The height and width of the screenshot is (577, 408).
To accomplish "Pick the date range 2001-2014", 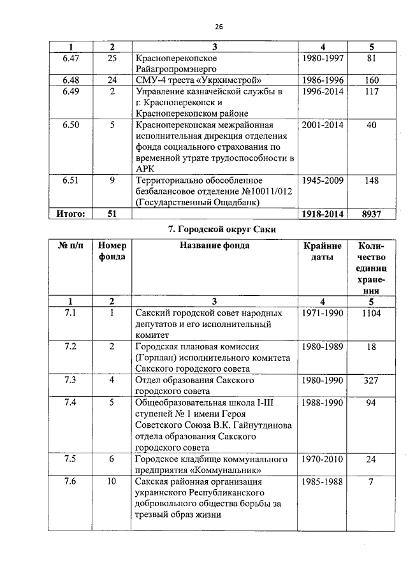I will pyautogui.click(x=323, y=125).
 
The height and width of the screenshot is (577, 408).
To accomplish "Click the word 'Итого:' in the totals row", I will pyautogui.click(x=71, y=214).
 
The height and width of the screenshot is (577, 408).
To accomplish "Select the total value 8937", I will pyautogui.click(x=372, y=214).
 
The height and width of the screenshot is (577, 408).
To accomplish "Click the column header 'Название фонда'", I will pyautogui.click(x=214, y=245).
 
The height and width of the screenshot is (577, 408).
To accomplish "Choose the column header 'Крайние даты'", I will pyautogui.click(x=323, y=251).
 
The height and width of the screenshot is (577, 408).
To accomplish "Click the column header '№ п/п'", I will pyautogui.click(x=71, y=245).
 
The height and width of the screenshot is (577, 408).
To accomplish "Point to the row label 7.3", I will pyautogui.click(x=71, y=380).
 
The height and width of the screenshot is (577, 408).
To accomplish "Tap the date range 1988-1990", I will pyautogui.click(x=323, y=403).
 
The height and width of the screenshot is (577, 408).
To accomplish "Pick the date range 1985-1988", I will pyautogui.click(x=323, y=482).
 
